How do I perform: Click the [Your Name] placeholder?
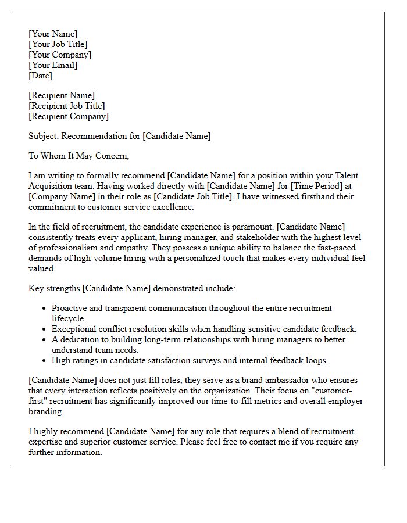(53, 34)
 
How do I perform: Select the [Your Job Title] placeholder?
(58, 44)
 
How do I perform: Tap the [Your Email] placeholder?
(53, 65)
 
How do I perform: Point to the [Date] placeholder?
(40, 76)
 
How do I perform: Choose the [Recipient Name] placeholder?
(62, 95)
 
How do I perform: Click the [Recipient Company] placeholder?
(69, 116)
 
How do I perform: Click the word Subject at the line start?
(43, 136)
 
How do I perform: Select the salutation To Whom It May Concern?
(78, 156)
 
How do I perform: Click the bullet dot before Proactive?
(45, 308)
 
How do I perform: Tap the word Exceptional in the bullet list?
(73, 329)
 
